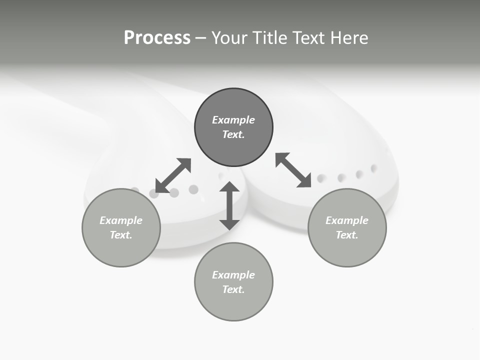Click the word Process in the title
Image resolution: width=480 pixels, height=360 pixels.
(157, 38)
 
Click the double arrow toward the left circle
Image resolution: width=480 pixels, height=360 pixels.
(173, 175)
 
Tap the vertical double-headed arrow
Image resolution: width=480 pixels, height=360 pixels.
(229, 206)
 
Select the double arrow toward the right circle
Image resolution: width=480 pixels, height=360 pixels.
(293, 170)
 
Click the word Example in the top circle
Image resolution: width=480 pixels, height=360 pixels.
(233, 120)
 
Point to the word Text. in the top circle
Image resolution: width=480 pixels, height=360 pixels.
(233, 134)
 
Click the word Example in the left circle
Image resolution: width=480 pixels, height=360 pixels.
(121, 220)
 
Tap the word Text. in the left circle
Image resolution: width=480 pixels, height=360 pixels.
(121, 235)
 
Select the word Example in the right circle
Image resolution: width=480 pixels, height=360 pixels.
(347, 220)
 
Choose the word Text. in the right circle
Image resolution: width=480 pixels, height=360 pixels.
(347, 235)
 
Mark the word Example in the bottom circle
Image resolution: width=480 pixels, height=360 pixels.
(233, 275)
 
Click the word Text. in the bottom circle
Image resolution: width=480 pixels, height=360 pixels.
(233, 289)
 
